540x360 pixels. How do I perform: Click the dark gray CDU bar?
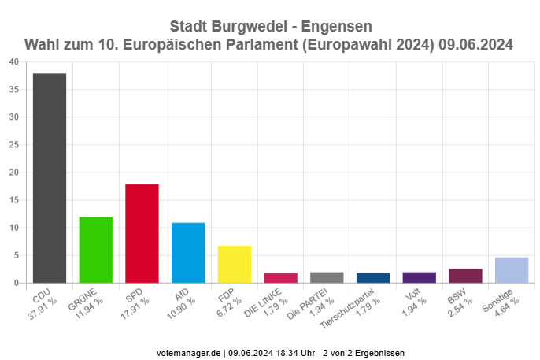click(x=49, y=178)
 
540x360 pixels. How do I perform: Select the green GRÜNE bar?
click(x=95, y=250)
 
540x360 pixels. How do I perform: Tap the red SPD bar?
click(x=142, y=233)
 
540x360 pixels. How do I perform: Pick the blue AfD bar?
click(x=188, y=253)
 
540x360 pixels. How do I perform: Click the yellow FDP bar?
click(x=235, y=265)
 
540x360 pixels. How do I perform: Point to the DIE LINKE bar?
click(x=281, y=278)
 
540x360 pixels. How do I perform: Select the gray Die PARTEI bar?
click(x=327, y=277)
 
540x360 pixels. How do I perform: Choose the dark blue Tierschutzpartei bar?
click(x=373, y=278)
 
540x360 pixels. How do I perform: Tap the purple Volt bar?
click(x=420, y=277)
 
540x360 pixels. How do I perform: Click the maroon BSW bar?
click(x=465, y=276)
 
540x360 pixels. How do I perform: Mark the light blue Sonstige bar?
click(x=512, y=270)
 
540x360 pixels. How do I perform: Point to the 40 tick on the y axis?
click(x=15, y=62)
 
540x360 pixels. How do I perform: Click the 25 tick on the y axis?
click(x=15, y=145)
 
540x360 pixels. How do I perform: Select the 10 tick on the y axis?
click(x=15, y=228)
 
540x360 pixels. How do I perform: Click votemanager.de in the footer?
click(x=190, y=353)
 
